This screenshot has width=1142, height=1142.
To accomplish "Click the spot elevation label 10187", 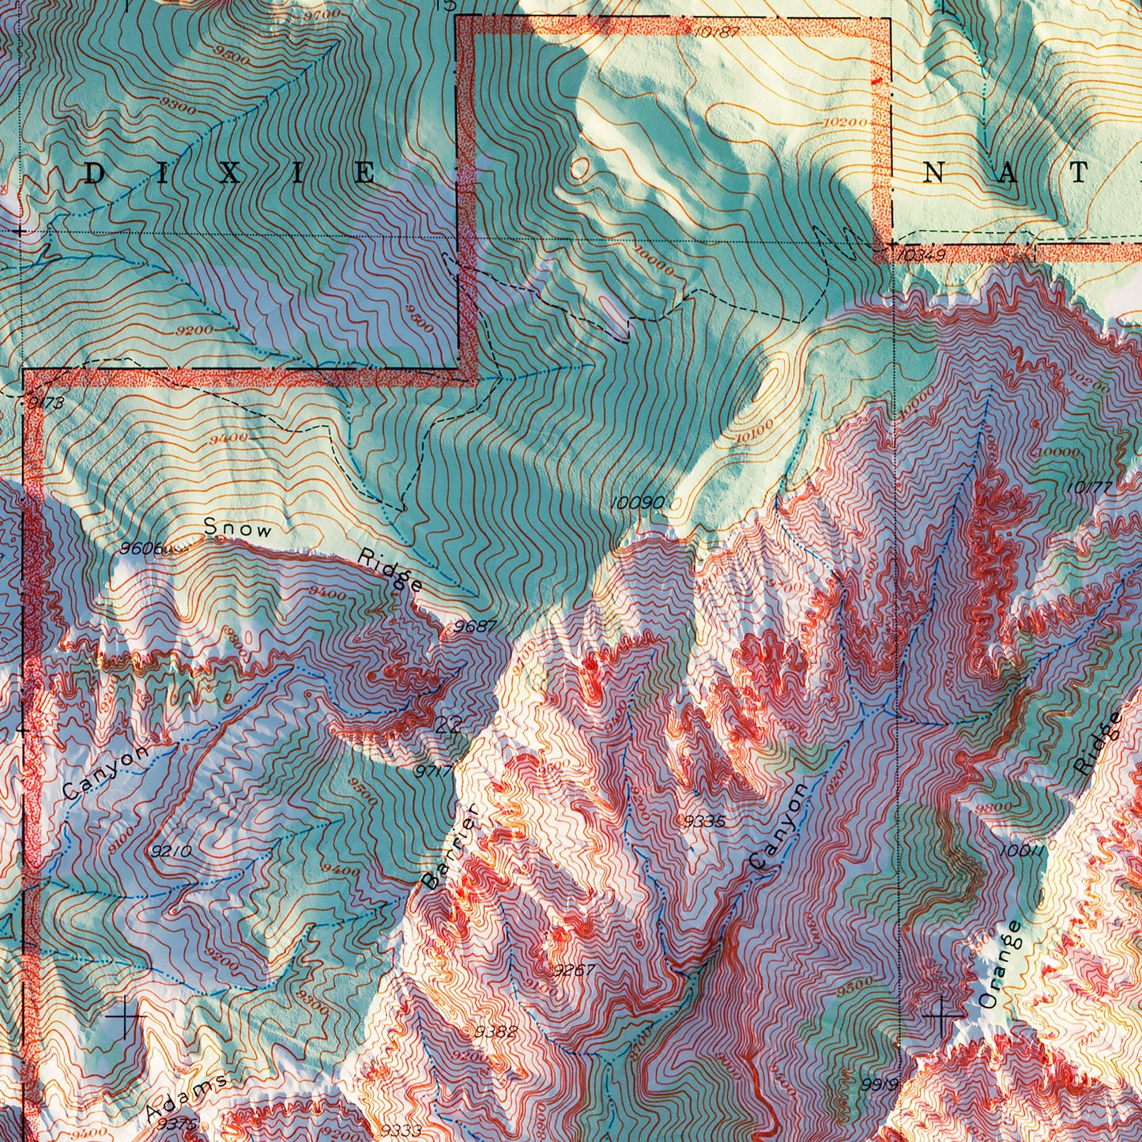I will pos(718,32).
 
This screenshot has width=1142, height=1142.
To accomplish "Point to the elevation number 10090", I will pos(636,503).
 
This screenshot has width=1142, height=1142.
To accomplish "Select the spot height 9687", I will pos(475,627).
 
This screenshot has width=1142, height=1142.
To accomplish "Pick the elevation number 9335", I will pos(703,821).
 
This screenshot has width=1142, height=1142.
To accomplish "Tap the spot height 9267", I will pos(574,970).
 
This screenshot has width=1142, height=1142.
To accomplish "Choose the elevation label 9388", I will pos(496,1031).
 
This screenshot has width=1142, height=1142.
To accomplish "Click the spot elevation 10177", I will pos(1088,488).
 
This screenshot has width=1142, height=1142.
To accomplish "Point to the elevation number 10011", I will pos(1022,851).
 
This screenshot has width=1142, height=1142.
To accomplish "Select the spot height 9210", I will pos(171,851).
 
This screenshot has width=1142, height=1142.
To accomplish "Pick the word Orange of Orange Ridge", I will pos(999,965).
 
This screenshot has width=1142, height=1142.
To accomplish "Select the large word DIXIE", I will pos(229,174).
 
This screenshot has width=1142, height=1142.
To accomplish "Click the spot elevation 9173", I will pos(46,403).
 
